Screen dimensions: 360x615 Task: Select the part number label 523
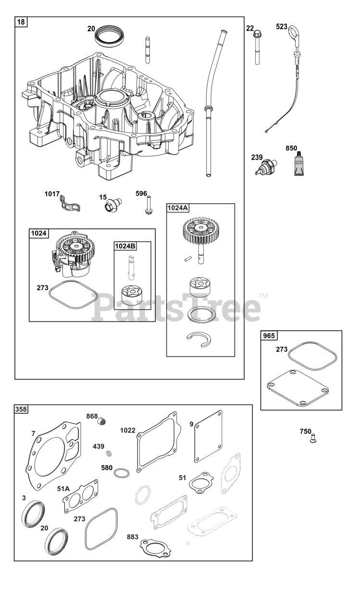point(282,27)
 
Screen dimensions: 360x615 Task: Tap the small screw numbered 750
point(313,438)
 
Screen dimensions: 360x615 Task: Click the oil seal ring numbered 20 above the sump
point(110,36)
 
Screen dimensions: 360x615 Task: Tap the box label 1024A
point(178,208)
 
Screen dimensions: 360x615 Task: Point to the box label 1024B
point(125,246)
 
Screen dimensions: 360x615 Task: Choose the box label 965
point(269,335)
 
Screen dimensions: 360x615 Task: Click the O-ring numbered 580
point(122,473)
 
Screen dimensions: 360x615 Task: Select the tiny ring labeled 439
point(110,453)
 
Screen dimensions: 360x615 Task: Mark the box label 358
point(21,409)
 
